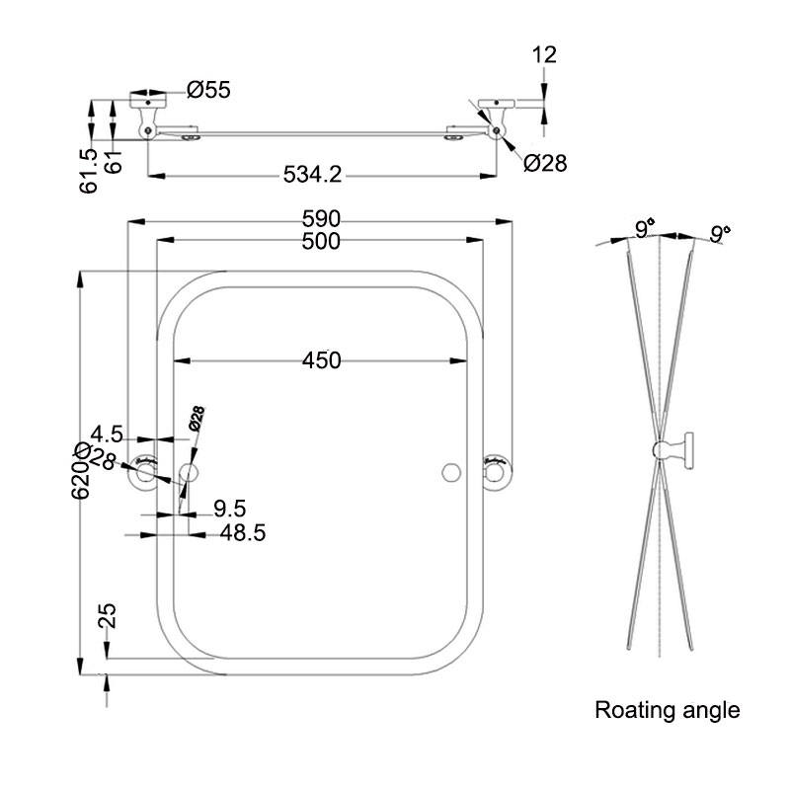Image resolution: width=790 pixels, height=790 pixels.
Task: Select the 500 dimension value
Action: (322, 241)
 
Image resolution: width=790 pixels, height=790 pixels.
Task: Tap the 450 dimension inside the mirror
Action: (321, 360)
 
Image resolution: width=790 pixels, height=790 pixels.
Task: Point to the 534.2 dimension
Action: (312, 175)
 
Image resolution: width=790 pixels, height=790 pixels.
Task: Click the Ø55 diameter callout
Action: (208, 90)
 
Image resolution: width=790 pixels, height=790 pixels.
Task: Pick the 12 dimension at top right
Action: (544, 54)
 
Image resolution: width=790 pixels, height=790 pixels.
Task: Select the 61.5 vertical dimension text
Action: (90, 170)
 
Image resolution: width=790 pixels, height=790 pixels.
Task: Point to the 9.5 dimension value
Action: (229, 509)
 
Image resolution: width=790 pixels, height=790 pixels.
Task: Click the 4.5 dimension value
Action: (106, 434)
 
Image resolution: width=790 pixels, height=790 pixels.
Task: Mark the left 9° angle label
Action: (643, 230)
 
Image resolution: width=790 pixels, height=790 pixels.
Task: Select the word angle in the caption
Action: (708, 710)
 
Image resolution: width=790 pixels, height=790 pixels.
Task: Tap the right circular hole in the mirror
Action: (451, 471)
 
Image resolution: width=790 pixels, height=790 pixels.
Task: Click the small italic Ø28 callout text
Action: (196, 419)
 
